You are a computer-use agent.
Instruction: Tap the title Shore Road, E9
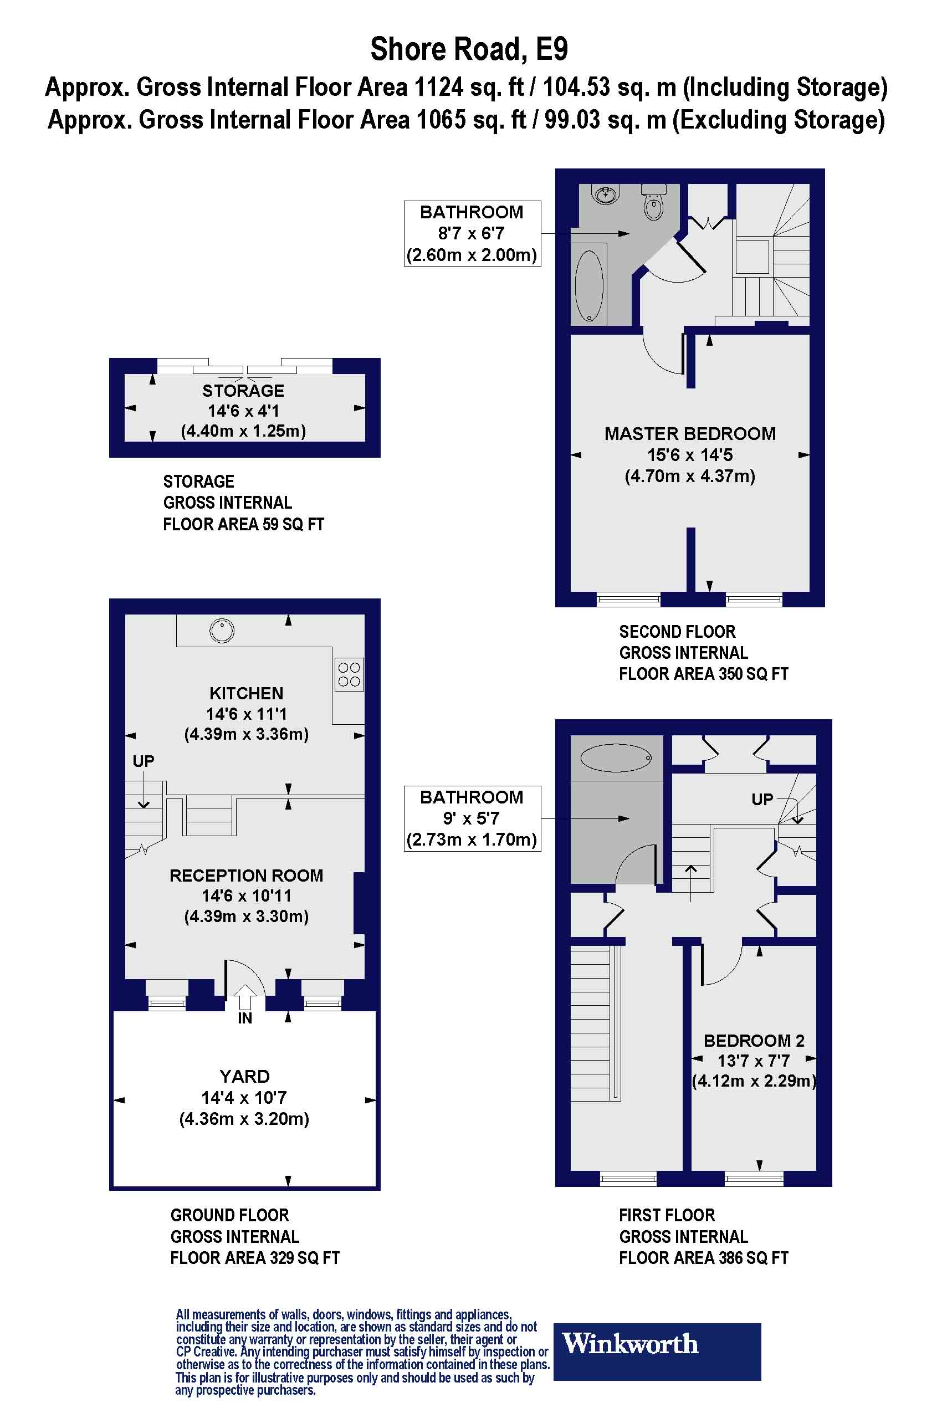point(469,49)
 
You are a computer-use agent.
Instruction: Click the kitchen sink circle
point(222,631)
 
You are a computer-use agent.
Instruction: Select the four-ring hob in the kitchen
point(349,674)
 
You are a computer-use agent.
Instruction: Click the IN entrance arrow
point(244,999)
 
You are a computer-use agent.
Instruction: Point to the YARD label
point(244,1076)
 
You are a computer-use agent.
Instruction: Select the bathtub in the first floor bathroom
point(616,758)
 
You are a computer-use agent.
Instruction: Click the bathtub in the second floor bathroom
point(590,285)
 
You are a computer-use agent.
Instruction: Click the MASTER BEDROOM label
point(690,434)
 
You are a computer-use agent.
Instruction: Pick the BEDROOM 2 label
point(754,1041)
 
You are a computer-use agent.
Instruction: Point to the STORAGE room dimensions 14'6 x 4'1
point(243,411)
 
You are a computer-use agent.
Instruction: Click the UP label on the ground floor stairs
point(144,761)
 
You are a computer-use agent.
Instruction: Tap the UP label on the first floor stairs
point(762,799)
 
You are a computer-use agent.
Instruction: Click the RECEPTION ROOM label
point(247,876)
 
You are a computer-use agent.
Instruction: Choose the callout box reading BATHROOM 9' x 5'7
point(472,818)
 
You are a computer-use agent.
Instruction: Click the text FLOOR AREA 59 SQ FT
point(243,524)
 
